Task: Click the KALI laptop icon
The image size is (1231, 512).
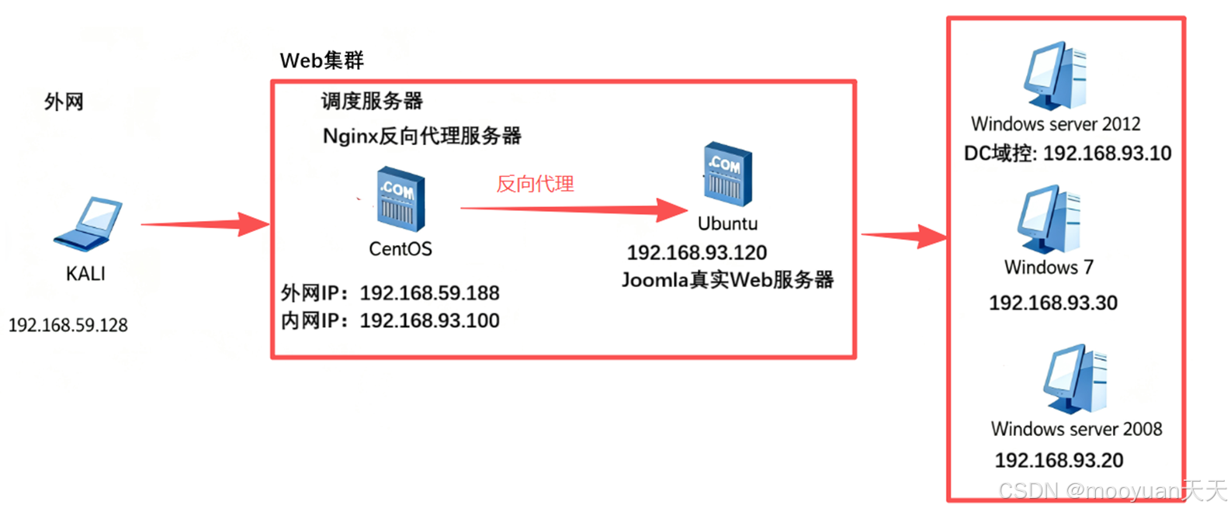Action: [88, 224]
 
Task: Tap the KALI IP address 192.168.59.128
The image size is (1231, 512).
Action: [68, 325]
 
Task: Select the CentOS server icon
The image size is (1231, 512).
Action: [401, 200]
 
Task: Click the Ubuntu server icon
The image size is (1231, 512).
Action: [727, 175]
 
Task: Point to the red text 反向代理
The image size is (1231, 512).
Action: [535, 184]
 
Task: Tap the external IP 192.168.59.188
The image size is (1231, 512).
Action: [429, 293]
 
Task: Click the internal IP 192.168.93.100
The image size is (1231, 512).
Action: [429, 321]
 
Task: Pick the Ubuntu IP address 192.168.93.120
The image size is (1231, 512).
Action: [696, 253]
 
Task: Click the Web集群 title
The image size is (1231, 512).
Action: [321, 61]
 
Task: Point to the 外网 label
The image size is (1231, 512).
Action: [64, 102]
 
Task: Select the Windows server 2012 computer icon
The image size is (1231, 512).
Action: [1056, 75]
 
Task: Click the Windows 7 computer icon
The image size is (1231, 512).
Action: [1049, 220]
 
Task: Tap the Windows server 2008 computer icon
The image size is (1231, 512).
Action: [1076, 379]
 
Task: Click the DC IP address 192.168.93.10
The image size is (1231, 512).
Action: [1107, 154]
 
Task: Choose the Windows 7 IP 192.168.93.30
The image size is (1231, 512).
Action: [1052, 303]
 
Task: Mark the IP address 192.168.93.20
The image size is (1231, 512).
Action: [1059, 461]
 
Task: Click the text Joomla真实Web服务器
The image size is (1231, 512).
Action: [727, 280]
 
